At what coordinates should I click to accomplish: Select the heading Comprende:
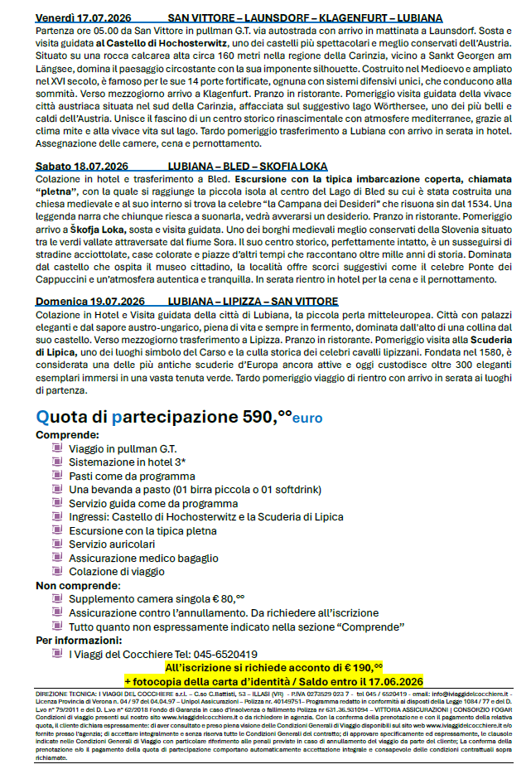(68, 433)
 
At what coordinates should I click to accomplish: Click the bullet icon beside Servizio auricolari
(57, 543)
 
